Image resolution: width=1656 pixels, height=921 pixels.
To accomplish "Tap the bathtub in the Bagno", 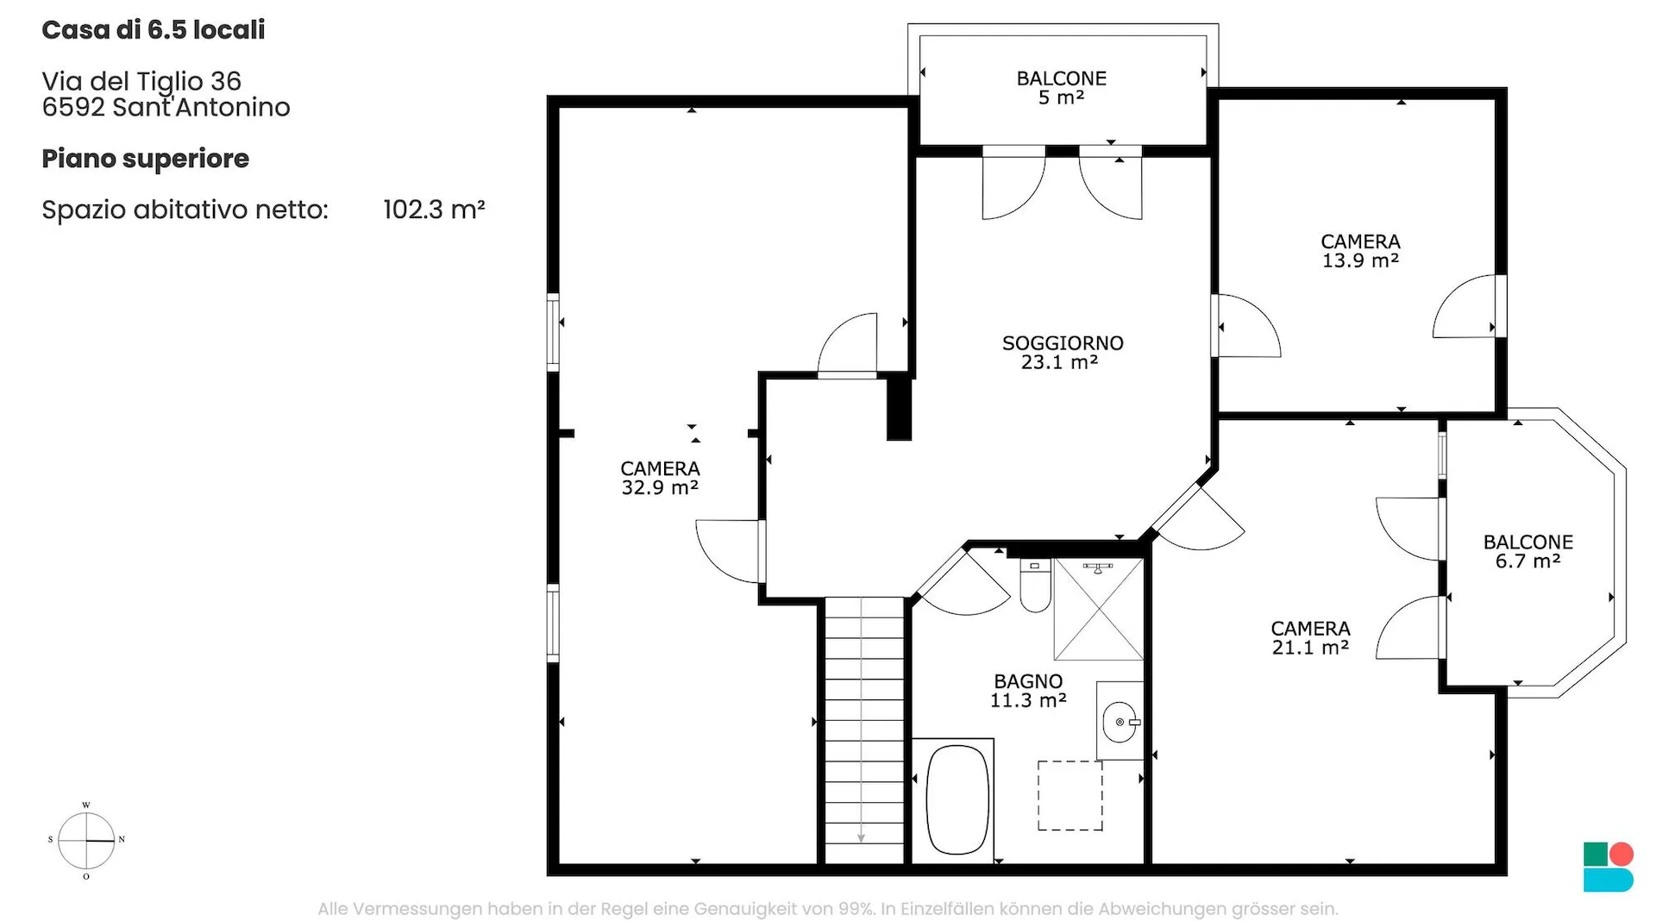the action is [957, 800].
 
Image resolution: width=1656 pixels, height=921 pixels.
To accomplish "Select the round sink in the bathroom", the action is [1120, 722].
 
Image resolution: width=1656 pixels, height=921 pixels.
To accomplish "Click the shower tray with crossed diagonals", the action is [1098, 609].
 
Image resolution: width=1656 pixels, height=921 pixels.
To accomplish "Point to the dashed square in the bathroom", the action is [1069, 795].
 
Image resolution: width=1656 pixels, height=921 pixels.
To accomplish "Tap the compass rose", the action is [86, 840].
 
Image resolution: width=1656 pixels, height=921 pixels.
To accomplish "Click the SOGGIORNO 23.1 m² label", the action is [1063, 353].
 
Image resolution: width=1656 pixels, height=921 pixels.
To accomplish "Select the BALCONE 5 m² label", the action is [1062, 88].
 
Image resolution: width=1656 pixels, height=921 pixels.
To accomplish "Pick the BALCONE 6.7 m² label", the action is [1528, 552].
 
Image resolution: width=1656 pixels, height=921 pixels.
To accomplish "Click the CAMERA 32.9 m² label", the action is [660, 478].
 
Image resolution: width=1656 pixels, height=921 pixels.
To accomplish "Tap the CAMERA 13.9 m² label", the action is [1360, 251].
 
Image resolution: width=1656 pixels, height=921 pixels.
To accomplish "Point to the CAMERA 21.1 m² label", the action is [1310, 638].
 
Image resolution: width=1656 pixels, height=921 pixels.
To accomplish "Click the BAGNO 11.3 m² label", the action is [1028, 691].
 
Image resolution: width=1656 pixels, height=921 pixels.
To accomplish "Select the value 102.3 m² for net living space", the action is [434, 210].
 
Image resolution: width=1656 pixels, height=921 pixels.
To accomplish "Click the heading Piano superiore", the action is [146, 160].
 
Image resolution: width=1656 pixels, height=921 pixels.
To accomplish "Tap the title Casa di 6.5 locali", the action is [154, 30].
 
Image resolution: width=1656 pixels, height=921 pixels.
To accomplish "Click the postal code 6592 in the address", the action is [73, 107].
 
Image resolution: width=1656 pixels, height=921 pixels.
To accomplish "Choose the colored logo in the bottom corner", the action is [1609, 867].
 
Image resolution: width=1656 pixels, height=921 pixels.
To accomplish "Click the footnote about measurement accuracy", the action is [828, 909].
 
